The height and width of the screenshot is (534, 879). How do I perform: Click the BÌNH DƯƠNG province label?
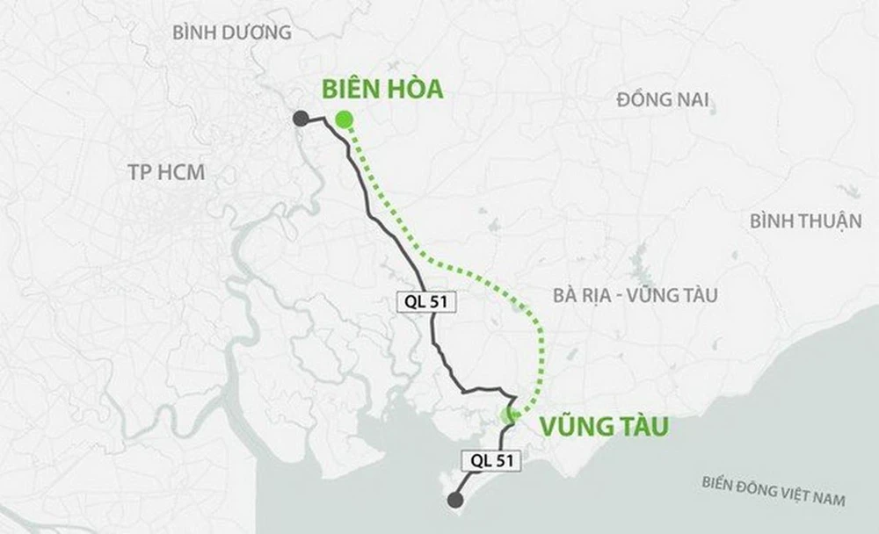coord(232,32)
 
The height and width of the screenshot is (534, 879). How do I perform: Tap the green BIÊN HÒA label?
coord(381,89)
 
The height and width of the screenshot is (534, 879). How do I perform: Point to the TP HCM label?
coord(166,172)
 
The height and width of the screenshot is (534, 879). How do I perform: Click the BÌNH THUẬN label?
coord(805,221)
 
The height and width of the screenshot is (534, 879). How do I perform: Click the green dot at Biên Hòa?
coord(343,119)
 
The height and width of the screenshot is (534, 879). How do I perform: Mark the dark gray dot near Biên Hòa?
coord(301,119)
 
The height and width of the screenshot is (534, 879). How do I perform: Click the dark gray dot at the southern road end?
coord(454,501)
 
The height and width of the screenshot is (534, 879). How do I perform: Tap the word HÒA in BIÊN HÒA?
coord(414,89)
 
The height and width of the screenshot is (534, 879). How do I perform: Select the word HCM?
coord(181,172)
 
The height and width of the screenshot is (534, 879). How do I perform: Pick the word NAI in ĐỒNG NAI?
coord(692,99)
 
